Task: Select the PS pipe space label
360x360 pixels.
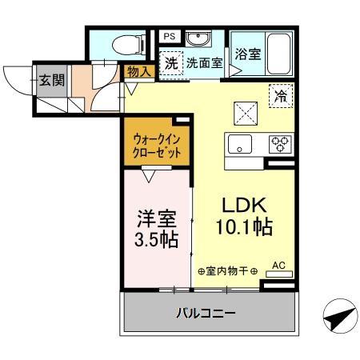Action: [169, 37]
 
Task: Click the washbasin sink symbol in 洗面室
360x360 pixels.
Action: [198, 38]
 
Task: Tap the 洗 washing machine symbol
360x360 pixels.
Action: [171, 63]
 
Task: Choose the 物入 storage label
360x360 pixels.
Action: [139, 72]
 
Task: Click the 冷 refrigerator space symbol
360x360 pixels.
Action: [280, 94]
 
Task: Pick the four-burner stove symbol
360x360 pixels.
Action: [280, 145]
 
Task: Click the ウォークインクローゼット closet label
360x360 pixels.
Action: [157, 146]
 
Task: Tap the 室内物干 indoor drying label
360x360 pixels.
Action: [227, 272]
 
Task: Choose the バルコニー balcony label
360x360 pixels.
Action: [206, 313]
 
